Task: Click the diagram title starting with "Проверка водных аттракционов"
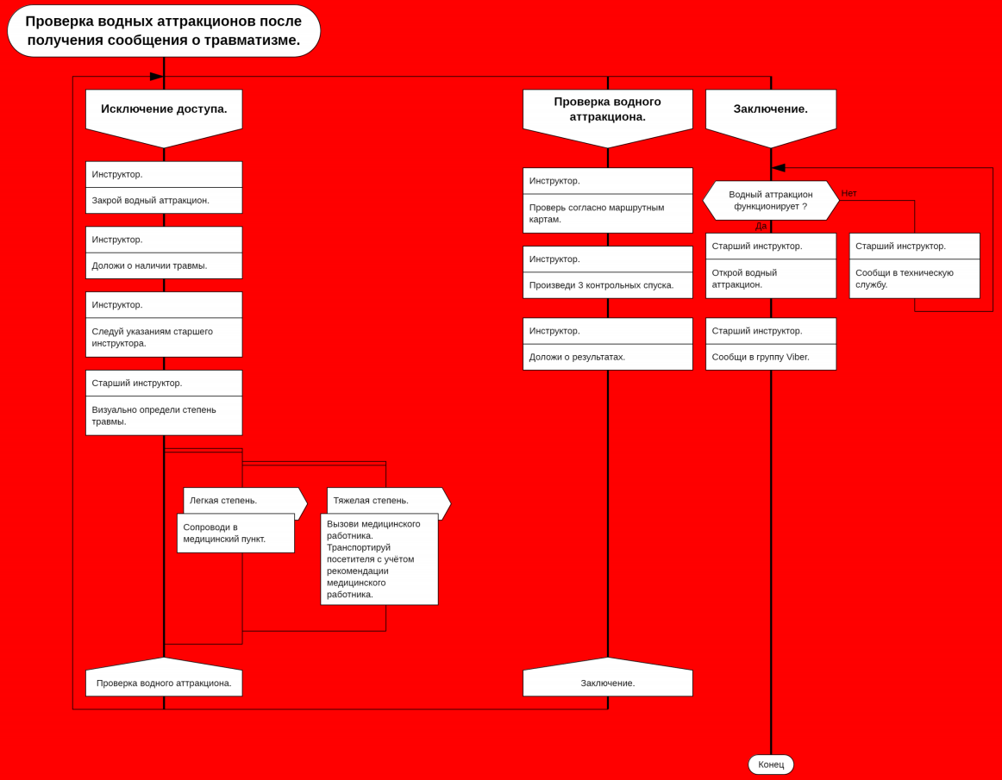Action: point(164,31)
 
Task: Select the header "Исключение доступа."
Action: point(164,109)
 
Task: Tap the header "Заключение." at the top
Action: point(770,109)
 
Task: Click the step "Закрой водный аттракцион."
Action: point(164,201)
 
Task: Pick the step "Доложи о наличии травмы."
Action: point(164,265)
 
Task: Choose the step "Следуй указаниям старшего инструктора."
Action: point(164,337)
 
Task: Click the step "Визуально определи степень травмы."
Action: point(164,415)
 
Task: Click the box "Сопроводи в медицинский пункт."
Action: point(235,534)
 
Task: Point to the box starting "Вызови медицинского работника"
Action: point(379,559)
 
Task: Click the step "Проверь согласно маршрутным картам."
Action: point(607,214)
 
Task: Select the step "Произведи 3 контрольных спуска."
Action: point(607,285)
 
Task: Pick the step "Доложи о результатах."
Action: point(607,357)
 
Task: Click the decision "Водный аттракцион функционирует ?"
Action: point(770,201)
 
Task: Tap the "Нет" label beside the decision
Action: point(849,193)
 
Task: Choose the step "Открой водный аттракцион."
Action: point(770,278)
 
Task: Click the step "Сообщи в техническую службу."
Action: point(914,278)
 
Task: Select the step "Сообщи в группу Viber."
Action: point(770,357)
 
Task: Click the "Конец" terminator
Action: point(770,764)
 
